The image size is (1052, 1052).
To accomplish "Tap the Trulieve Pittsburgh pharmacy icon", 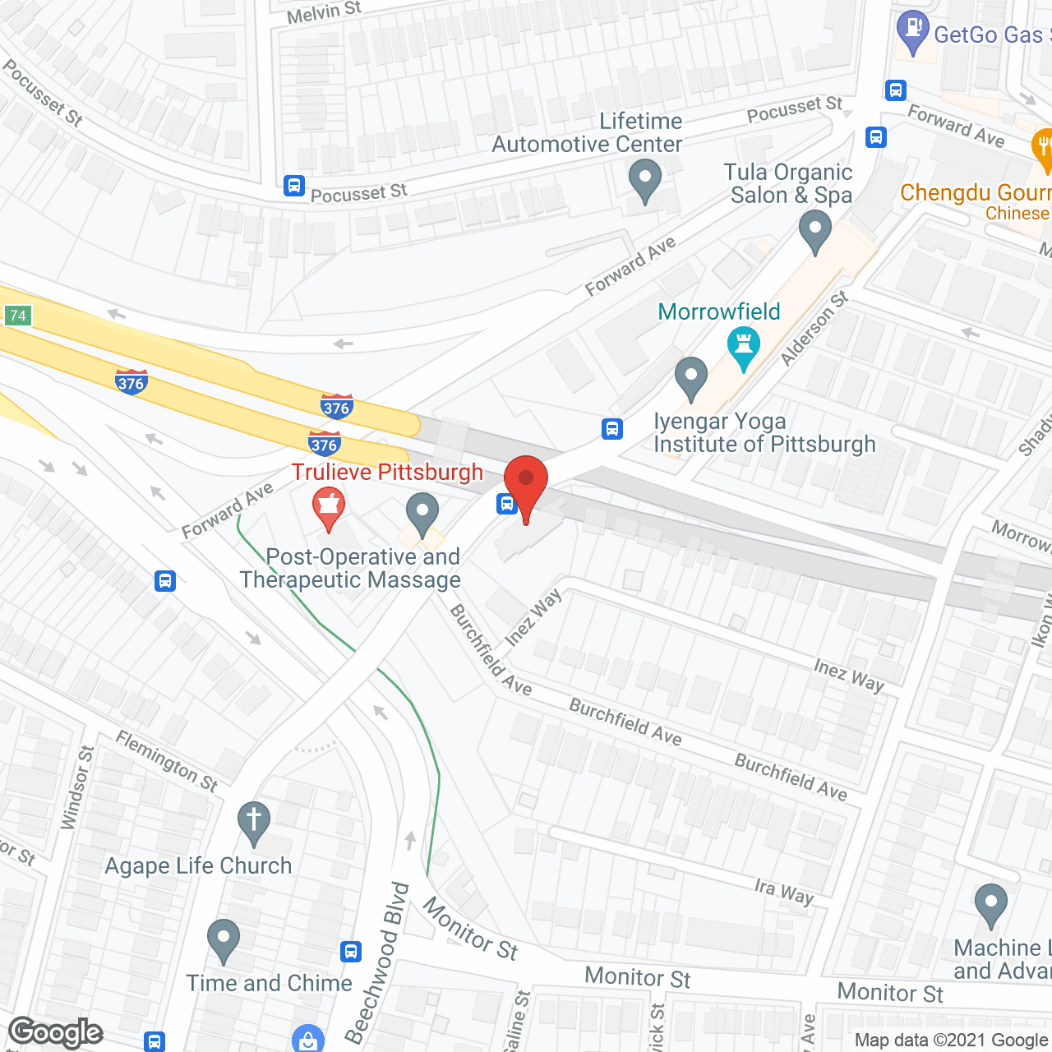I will (329, 508).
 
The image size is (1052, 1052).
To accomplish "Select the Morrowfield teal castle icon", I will (744, 348).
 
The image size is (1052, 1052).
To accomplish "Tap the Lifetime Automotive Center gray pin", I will (645, 180).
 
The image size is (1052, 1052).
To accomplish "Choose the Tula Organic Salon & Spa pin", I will (814, 231).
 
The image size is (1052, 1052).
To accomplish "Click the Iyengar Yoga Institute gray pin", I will (691, 378).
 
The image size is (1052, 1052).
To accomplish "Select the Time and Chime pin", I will (223, 939).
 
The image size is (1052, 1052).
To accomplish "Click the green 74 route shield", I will (17, 316).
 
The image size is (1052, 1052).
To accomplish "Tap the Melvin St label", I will (324, 12).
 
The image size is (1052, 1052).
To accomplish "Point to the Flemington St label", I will (167, 761).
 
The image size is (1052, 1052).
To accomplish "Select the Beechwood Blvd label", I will (377, 962).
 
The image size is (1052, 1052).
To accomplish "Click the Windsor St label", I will (78, 787).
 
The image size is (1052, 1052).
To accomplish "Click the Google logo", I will (56, 1032).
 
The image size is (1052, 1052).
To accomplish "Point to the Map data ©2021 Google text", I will (952, 1040).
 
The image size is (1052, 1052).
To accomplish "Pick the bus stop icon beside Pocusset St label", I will (294, 186).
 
